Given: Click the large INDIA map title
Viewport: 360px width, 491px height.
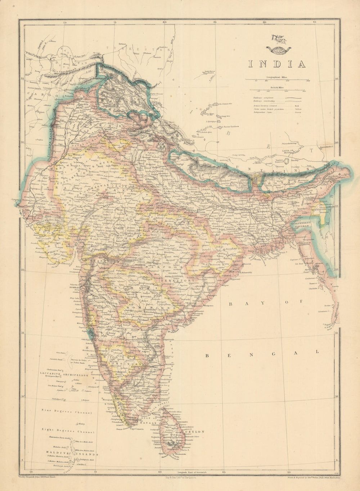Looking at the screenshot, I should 276,64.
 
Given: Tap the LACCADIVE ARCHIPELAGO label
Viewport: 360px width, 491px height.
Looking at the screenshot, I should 60,374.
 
